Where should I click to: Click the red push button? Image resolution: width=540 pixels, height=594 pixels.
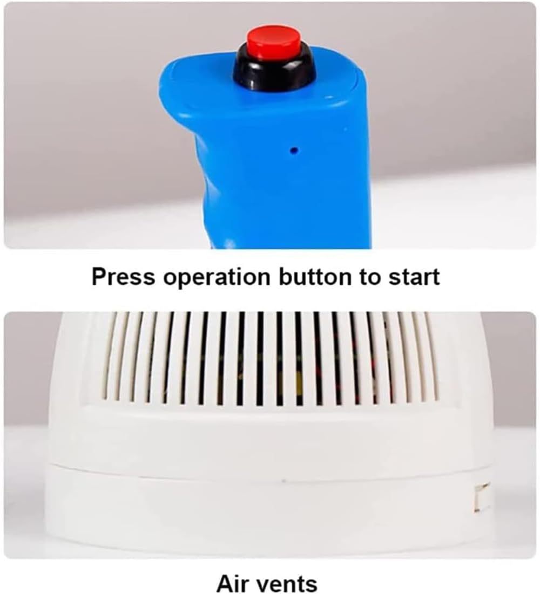[274, 40]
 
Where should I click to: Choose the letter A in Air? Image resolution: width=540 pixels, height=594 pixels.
[224, 583]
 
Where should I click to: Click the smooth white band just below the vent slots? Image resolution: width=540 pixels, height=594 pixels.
[270, 426]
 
